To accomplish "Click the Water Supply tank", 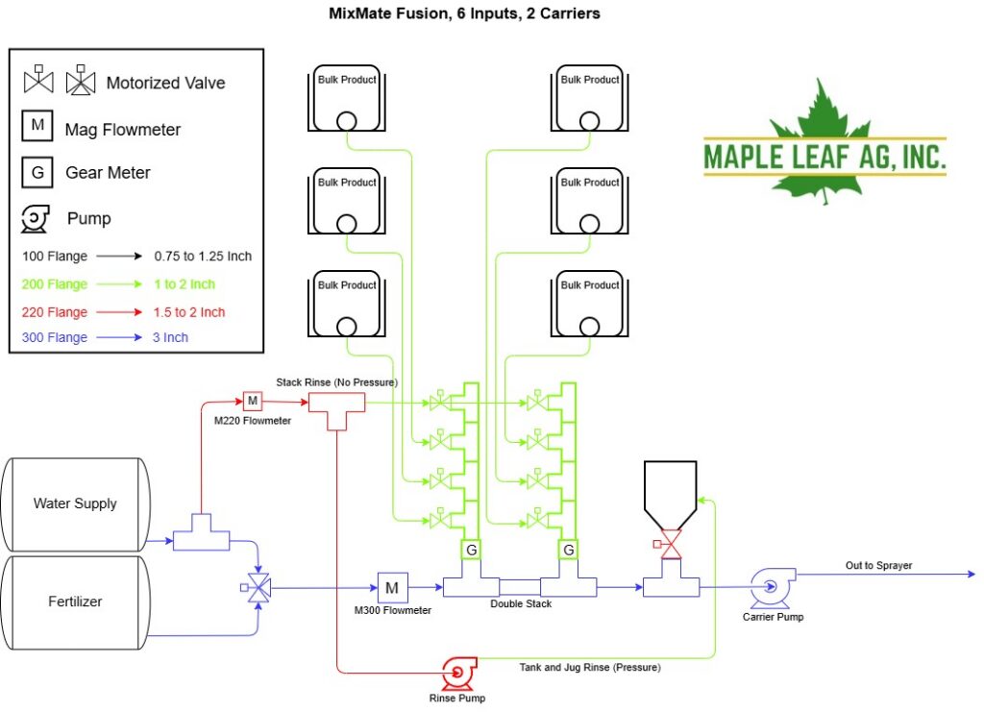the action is click(x=75, y=504).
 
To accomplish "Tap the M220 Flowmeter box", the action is click(x=253, y=401).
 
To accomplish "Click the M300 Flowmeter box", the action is click(x=392, y=588).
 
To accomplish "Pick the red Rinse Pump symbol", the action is click(x=458, y=673).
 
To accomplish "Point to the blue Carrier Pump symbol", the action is click(x=772, y=587).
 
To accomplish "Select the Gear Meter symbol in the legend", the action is click(x=37, y=173).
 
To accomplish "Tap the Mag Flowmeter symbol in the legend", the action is click(x=37, y=126).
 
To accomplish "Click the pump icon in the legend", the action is click(x=36, y=219).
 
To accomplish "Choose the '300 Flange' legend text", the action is click(x=55, y=337).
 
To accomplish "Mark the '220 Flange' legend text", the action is click(x=55, y=312).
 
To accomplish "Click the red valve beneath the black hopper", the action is click(x=670, y=544).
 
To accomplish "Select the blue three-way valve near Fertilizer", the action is click(x=257, y=588).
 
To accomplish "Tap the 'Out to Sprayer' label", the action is click(x=878, y=565).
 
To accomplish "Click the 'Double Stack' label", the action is click(x=521, y=603).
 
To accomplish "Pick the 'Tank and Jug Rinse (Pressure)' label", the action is click(x=590, y=668).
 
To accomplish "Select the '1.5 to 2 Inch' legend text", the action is click(x=189, y=312).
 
